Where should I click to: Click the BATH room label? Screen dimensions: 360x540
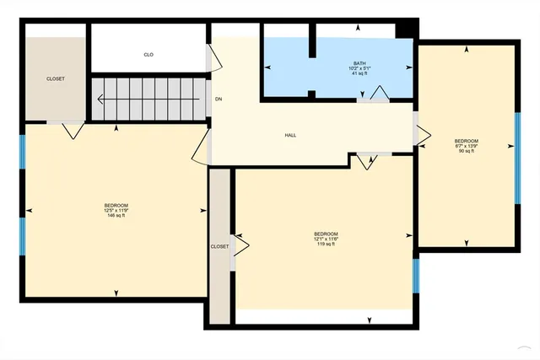click(x=360, y=64)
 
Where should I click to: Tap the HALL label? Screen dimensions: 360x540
click(x=290, y=135)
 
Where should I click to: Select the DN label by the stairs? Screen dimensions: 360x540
click(x=219, y=99)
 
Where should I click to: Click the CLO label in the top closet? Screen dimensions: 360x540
click(x=148, y=55)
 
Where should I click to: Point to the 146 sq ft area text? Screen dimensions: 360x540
click(x=116, y=216)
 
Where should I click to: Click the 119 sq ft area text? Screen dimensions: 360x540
click(x=326, y=244)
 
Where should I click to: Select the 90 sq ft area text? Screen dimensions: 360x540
click(x=467, y=151)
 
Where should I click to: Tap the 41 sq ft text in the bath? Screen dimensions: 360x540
click(x=360, y=74)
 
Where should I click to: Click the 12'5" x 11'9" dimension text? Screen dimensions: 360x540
click(x=116, y=211)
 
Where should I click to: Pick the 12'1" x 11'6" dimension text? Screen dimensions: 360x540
click(x=326, y=239)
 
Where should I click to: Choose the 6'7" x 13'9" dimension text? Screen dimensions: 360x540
click(x=467, y=146)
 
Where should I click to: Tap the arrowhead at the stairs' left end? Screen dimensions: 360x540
click(x=100, y=99)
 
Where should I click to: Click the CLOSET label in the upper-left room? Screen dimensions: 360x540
click(x=55, y=79)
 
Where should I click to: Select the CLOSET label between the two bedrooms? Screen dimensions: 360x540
click(x=219, y=246)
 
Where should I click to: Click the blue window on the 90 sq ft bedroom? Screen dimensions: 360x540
click(x=517, y=159)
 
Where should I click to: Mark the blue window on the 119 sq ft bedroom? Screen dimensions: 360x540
click(x=416, y=275)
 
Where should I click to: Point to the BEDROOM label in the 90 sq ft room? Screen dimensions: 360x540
click(x=467, y=141)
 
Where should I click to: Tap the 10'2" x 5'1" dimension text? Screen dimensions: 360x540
click(x=360, y=69)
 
